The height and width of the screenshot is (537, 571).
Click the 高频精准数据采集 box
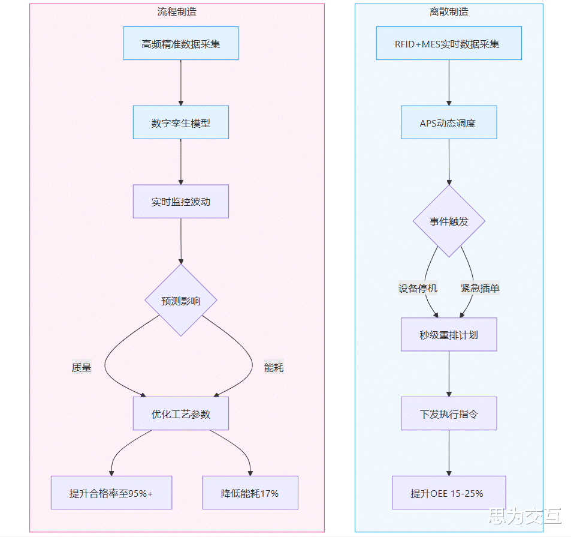pyautogui.click(x=180, y=43)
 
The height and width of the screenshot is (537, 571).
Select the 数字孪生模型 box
pyautogui.click(x=180, y=122)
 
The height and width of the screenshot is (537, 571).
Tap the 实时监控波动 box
pyautogui.click(x=180, y=202)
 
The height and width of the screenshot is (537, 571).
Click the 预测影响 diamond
pyautogui.click(x=180, y=300)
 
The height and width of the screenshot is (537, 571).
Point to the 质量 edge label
pyautogui.click(x=81, y=367)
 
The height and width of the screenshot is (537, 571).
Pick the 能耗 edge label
pyautogui.click(x=274, y=367)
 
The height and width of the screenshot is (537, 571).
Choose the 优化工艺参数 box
pyautogui.click(x=180, y=413)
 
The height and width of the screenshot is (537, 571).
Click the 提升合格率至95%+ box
pyautogui.click(x=111, y=493)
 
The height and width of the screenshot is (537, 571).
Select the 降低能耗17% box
pyautogui.click(x=250, y=493)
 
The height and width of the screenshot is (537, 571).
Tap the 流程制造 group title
pyautogui.click(x=177, y=11)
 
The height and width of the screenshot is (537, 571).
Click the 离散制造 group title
pyautogui.click(x=449, y=11)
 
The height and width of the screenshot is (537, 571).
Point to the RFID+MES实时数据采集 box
pyautogui.click(x=449, y=43)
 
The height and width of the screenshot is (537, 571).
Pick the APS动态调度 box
pyautogui.click(x=449, y=122)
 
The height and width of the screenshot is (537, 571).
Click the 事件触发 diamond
pyautogui.click(x=449, y=221)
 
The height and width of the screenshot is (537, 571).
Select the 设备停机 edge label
pyautogui.click(x=418, y=288)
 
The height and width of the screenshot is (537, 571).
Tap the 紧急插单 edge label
pyautogui.click(x=480, y=288)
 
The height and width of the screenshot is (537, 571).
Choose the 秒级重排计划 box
pyautogui.click(x=449, y=335)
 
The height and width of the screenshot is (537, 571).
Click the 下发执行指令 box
pyautogui.click(x=449, y=413)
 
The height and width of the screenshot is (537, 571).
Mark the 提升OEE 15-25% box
pyautogui.click(x=449, y=493)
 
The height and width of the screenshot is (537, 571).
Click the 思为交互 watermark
pyautogui.click(x=525, y=516)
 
